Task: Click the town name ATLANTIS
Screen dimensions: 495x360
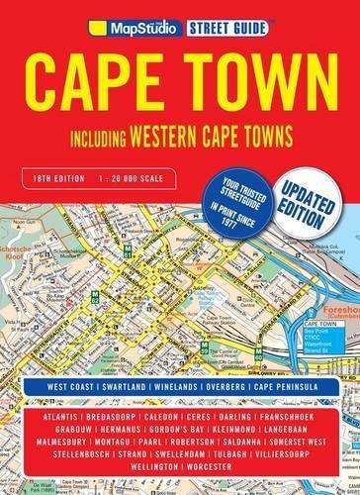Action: click(x=50, y=403)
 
